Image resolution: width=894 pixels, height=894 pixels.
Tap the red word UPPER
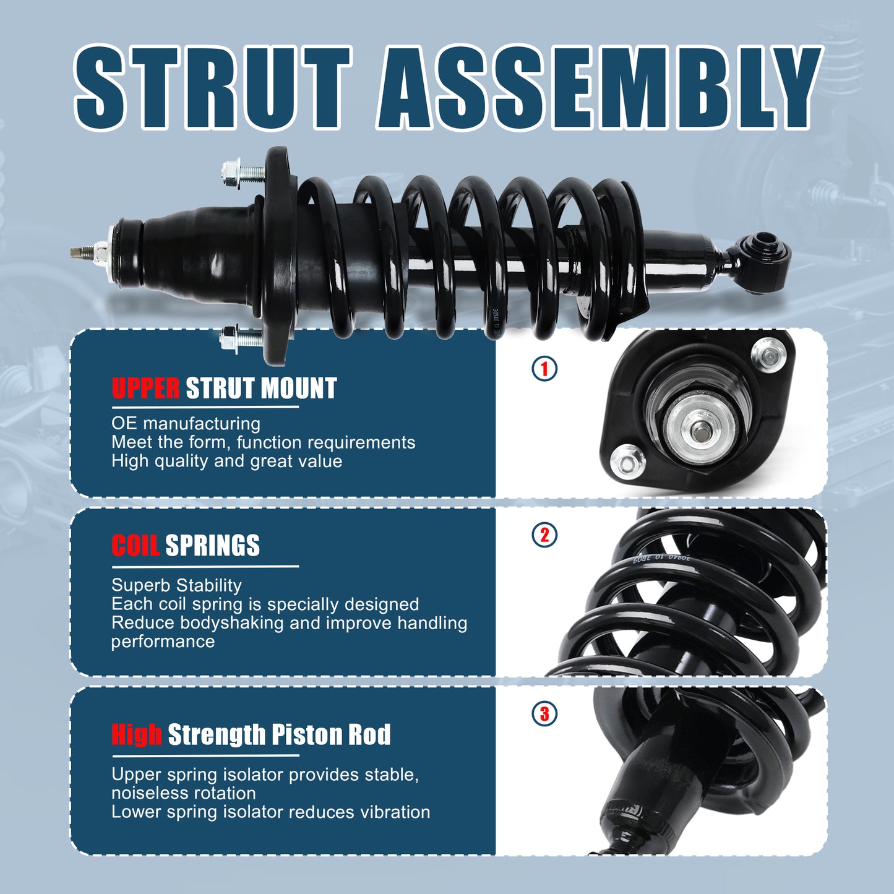pyautogui.click(x=145, y=389)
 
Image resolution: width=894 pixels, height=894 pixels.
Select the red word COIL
pyautogui.click(x=135, y=546)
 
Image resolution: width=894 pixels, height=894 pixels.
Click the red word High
pyautogui.click(x=137, y=734)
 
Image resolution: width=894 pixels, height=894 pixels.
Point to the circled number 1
pyautogui.click(x=544, y=369)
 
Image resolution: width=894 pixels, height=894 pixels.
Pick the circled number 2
pyautogui.click(x=544, y=535)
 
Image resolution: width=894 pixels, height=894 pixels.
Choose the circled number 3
pyautogui.click(x=544, y=713)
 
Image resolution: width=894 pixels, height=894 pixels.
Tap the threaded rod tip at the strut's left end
pyautogui.click(x=78, y=252)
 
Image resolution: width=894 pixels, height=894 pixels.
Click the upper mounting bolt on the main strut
pyautogui.click(x=241, y=170)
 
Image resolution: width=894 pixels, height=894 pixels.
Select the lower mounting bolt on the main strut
pyautogui.click(x=241, y=338)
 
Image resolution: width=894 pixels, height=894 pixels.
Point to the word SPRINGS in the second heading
pyautogui.click(x=212, y=546)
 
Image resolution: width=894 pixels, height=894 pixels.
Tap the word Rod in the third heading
pyautogui.click(x=369, y=734)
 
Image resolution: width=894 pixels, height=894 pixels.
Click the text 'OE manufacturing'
pyautogui.click(x=186, y=424)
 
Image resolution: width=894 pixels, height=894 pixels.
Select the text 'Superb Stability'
pyautogui.click(x=176, y=585)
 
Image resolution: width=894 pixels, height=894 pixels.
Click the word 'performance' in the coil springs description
pyautogui.click(x=163, y=642)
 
